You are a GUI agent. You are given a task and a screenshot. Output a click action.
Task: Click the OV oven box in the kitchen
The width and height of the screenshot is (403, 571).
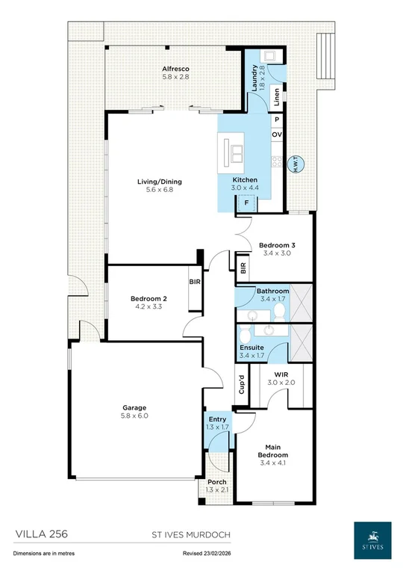(277, 135)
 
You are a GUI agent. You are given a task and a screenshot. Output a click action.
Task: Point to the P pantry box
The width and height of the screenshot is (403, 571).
(277, 120)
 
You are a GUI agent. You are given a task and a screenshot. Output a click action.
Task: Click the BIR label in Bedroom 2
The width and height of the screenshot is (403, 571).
(195, 282)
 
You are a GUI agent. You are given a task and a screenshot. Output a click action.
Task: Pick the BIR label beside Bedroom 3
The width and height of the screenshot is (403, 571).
(243, 268)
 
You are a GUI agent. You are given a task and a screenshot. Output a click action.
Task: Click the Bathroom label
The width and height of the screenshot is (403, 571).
(272, 291)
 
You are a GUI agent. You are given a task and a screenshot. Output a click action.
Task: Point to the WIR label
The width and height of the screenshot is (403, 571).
(281, 374)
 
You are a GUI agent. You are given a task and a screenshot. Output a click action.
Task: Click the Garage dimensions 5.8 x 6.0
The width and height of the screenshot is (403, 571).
(136, 416)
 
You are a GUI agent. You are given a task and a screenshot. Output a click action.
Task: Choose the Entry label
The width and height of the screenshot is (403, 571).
(217, 420)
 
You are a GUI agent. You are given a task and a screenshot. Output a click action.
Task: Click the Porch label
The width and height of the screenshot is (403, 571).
(217, 482)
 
